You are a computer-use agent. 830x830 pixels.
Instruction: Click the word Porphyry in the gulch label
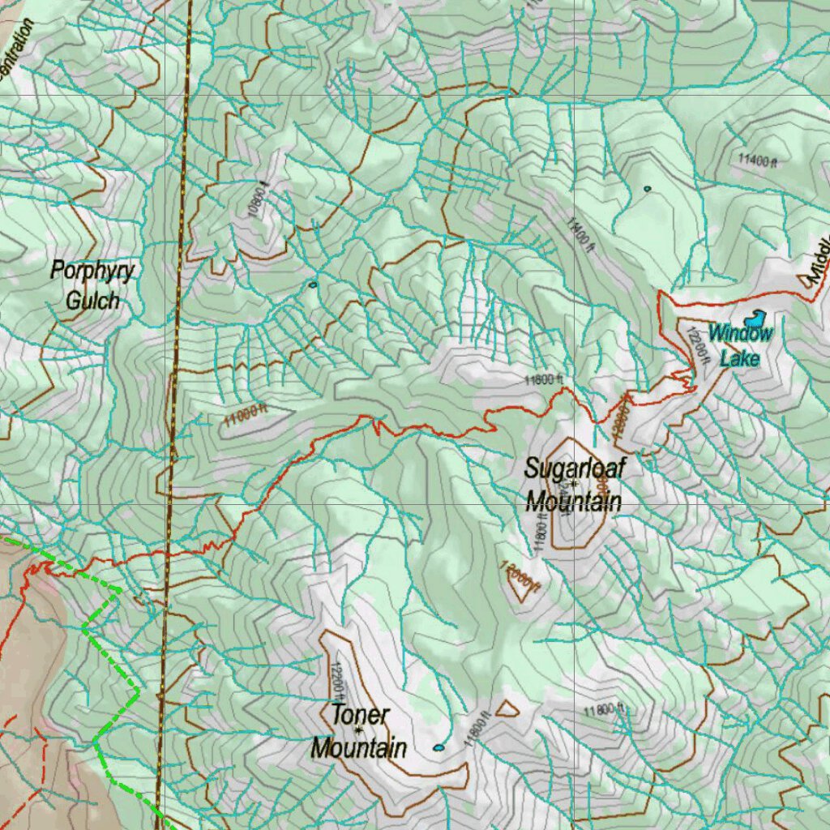[x=92, y=271]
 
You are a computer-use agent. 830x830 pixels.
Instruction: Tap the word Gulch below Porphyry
[x=92, y=301]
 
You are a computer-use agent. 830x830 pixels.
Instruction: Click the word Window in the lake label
[x=740, y=333]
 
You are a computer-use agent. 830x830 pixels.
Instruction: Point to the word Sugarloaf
[x=575, y=468]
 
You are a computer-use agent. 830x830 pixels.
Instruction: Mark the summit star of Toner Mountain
[x=357, y=730]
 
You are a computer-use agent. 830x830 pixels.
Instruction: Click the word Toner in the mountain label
[x=360, y=716]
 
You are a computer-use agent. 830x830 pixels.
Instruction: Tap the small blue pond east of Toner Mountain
[x=439, y=747]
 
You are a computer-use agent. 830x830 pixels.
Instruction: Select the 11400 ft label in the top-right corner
[x=757, y=160]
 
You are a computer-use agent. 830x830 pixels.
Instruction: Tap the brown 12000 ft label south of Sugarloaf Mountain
[x=520, y=575]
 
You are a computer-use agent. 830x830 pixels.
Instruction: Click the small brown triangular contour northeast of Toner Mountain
[x=507, y=708]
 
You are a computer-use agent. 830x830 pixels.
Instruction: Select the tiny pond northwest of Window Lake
[x=647, y=189]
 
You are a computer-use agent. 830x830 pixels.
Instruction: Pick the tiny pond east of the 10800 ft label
[x=313, y=285]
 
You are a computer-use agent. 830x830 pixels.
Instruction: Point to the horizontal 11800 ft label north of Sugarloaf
[x=543, y=379]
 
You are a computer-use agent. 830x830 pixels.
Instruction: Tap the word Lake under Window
[x=739, y=358]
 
